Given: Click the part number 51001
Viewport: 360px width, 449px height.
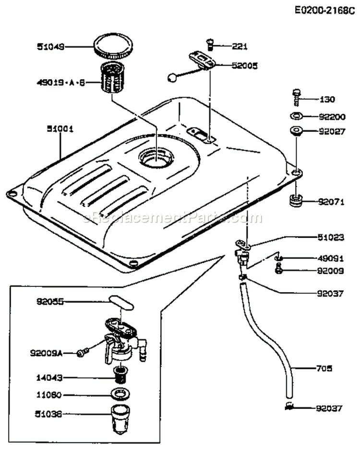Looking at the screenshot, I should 59,129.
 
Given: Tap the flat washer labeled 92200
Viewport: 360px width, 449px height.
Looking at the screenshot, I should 296,116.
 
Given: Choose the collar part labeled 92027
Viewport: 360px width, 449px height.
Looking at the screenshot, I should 295,131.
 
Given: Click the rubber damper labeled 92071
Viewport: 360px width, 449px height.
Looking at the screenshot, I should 296,200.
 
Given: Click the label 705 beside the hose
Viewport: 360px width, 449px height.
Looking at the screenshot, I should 324,368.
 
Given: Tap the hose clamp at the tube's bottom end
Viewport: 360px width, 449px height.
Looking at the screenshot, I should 288,407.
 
